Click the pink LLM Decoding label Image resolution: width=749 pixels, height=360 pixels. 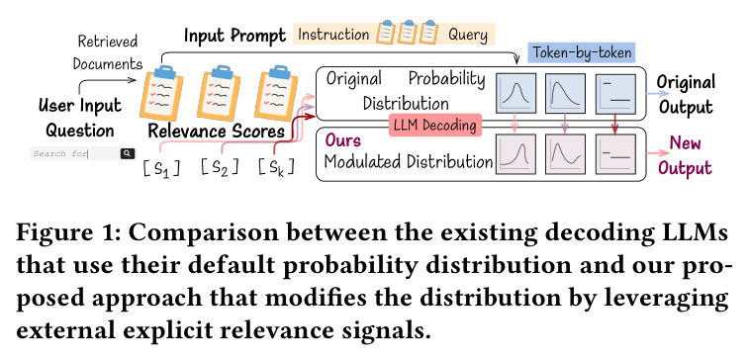(435, 125)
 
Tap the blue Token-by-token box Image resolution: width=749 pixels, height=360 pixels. (582, 52)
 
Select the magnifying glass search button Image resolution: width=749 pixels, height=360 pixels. (127, 153)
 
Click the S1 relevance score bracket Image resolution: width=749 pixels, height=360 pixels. (162, 168)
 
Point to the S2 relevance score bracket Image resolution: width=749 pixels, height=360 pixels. (220, 167)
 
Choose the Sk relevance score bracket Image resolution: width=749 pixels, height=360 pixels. (277, 167)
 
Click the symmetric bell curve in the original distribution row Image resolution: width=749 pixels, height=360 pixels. (515, 94)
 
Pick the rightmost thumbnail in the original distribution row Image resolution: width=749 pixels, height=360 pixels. (615, 94)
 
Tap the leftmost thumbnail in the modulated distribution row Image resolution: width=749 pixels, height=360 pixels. (515, 153)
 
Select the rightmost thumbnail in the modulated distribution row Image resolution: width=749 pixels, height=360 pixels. (615, 153)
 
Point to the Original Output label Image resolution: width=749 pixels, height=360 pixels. (686, 94)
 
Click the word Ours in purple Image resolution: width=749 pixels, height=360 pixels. (342, 140)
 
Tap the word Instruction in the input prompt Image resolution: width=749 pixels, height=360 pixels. (333, 35)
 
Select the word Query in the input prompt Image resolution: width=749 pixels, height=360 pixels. (468, 36)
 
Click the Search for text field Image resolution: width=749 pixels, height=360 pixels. (75, 153)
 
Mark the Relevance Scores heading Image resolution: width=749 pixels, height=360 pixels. (217, 131)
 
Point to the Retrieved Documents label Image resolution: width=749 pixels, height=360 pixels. (108, 52)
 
